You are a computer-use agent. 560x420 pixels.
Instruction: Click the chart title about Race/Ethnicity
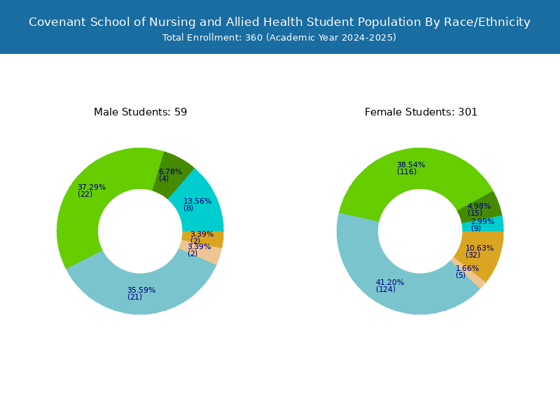point(279,22)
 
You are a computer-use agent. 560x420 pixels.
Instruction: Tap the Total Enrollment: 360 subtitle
point(279,38)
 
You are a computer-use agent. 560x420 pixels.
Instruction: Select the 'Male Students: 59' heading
point(141,112)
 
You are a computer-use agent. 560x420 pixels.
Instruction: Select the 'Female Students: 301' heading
point(421,112)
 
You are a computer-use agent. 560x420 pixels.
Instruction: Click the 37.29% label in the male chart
point(92,187)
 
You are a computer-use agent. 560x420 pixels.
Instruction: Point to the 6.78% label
point(170,171)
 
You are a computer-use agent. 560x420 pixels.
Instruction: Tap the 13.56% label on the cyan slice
point(197,201)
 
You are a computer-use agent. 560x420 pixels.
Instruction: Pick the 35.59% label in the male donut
point(141,290)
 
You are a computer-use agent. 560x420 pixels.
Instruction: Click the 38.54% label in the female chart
point(411,164)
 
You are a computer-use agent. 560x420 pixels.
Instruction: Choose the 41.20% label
point(390,282)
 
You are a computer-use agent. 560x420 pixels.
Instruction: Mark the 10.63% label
point(479,248)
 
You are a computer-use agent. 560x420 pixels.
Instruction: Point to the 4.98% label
point(479,206)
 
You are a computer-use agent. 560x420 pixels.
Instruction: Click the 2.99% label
point(483,221)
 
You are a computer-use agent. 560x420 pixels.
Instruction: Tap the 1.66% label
point(467,268)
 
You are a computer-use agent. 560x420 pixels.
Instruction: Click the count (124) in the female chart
point(386,289)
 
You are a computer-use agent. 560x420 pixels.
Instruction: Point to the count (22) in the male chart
point(85,195)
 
